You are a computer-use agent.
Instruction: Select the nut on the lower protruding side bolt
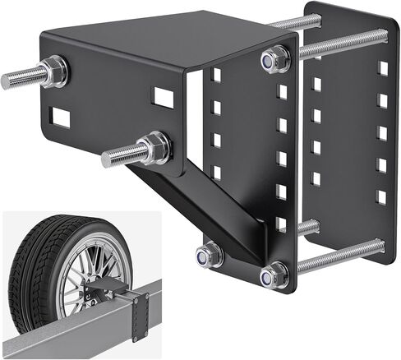pyautogui.click(x=153, y=148)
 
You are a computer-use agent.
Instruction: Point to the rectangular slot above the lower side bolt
pyautogui.click(x=164, y=98)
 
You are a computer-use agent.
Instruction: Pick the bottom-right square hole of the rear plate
pyautogui.click(x=381, y=197)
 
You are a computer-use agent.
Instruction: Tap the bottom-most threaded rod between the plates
pyautogui.click(x=337, y=255)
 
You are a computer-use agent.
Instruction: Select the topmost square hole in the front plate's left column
pyautogui.click(x=216, y=75)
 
